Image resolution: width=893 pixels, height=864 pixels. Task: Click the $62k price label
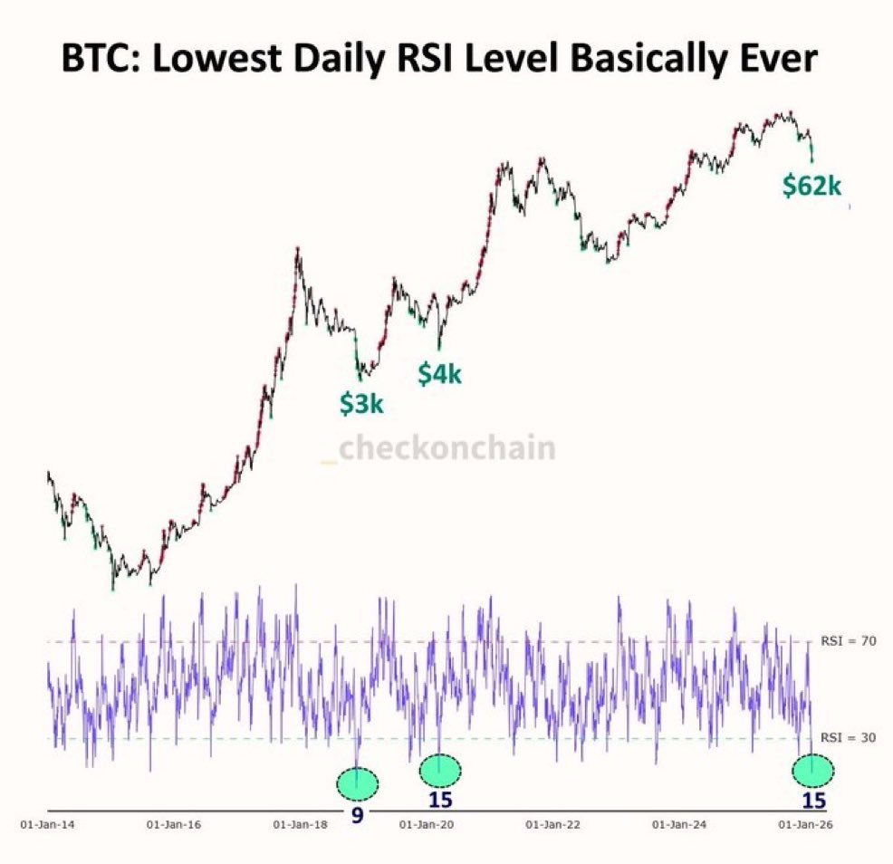[x=812, y=187]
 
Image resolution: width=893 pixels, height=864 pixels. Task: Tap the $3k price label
[x=361, y=404]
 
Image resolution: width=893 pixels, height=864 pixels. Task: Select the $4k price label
[x=439, y=373]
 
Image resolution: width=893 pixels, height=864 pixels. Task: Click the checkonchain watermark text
[x=446, y=447]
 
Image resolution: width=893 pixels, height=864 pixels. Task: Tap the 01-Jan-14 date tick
[x=43, y=825]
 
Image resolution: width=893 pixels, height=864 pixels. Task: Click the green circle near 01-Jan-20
[x=441, y=770]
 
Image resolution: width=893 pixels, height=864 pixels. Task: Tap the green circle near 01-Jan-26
[x=813, y=770]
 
